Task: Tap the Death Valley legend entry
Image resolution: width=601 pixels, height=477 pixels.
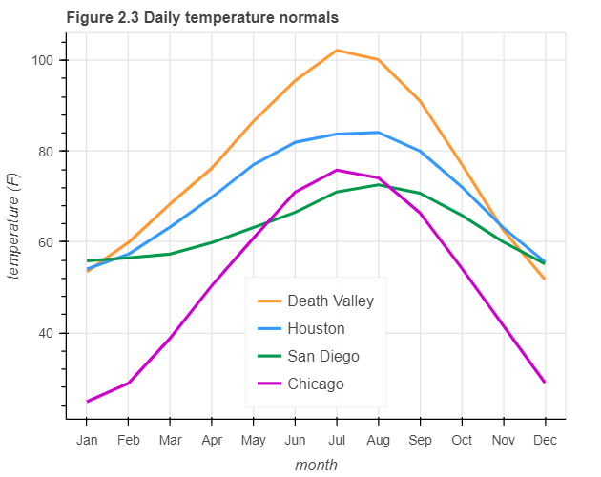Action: [330, 301]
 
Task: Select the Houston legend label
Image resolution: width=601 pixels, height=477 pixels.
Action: [316, 328]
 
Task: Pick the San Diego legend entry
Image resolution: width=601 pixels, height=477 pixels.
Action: [322, 356]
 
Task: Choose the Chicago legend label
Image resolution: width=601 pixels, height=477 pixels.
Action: [315, 384]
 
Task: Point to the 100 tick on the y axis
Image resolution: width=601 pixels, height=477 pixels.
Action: [48, 60]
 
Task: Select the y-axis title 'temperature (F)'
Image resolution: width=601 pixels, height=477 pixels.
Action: [14, 228]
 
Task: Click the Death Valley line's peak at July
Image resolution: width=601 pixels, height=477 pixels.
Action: [337, 50]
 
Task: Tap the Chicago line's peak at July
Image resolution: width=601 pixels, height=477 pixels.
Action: [337, 170]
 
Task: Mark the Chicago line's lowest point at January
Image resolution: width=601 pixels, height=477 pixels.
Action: [87, 401]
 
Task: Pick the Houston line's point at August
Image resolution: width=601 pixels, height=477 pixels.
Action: [379, 133]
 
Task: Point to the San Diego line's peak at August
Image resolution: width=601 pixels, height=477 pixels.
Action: [379, 184]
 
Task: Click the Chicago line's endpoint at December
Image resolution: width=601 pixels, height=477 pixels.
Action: [545, 383]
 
